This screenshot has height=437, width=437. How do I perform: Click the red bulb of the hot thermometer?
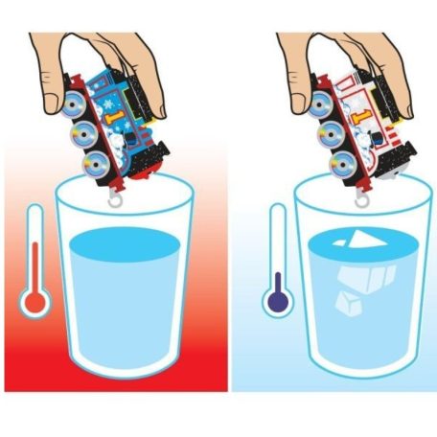tap(34, 302)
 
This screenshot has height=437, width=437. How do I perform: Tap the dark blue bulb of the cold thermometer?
tap(279, 301)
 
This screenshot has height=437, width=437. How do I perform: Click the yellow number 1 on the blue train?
tap(114, 118)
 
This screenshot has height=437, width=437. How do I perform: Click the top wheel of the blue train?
tap(73, 103)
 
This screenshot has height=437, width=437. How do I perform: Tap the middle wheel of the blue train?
tap(83, 134)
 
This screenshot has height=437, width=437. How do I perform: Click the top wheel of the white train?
tap(319, 104)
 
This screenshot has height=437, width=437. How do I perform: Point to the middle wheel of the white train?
tap(331, 134)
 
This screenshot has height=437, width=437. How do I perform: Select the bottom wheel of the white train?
tap(344, 164)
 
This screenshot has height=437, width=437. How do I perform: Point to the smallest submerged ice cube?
tap(348, 303)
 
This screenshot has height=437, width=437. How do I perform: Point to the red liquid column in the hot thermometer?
tap(35, 268)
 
